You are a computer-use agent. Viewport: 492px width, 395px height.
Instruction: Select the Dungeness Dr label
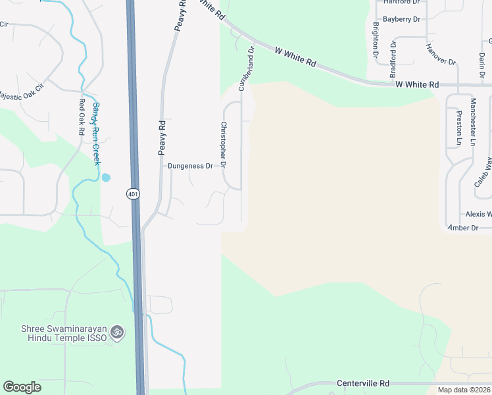click(x=190, y=166)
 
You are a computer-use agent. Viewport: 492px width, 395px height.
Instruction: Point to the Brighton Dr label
click(x=376, y=39)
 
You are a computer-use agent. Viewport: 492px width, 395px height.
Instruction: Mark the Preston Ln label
click(x=459, y=128)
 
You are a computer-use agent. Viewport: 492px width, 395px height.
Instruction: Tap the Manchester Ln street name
click(x=472, y=122)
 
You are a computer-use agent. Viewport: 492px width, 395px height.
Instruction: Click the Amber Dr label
click(x=462, y=228)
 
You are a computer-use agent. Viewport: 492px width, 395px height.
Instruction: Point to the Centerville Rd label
click(x=363, y=383)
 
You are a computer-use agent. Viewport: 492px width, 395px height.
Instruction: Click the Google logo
click(x=22, y=387)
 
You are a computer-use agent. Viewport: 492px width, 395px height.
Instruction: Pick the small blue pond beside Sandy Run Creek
click(x=106, y=177)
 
